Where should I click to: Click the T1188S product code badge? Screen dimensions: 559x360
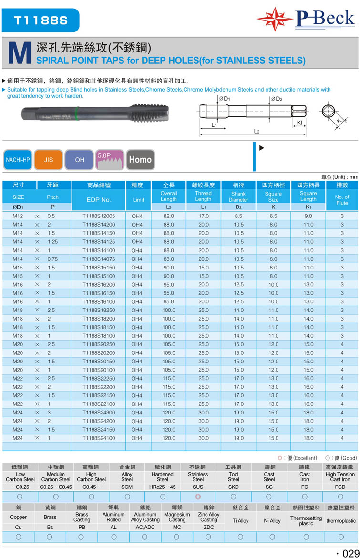point(41,20)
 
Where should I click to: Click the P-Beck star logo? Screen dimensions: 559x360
point(274,19)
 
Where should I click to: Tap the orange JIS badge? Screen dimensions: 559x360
point(49,160)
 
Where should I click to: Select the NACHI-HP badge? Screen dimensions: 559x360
point(18,160)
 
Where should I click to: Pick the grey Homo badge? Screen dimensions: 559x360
point(140,160)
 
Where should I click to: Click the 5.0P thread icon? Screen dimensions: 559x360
point(110,160)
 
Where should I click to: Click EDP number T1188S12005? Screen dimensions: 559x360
point(99,216)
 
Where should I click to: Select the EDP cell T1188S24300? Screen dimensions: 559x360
point(99,413)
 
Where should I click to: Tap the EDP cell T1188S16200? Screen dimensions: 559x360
point(99,284)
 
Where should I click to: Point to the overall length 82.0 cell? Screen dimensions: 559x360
point(169,216)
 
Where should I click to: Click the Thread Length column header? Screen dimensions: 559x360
point(203,196)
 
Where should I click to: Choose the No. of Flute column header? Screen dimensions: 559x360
point(342,200)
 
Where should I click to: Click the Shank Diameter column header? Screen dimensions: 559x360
point(238,197)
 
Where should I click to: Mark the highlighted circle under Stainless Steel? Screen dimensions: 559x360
point(198,497)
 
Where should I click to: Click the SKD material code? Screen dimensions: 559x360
point(233,487)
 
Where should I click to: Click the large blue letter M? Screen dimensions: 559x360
point(18,54)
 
